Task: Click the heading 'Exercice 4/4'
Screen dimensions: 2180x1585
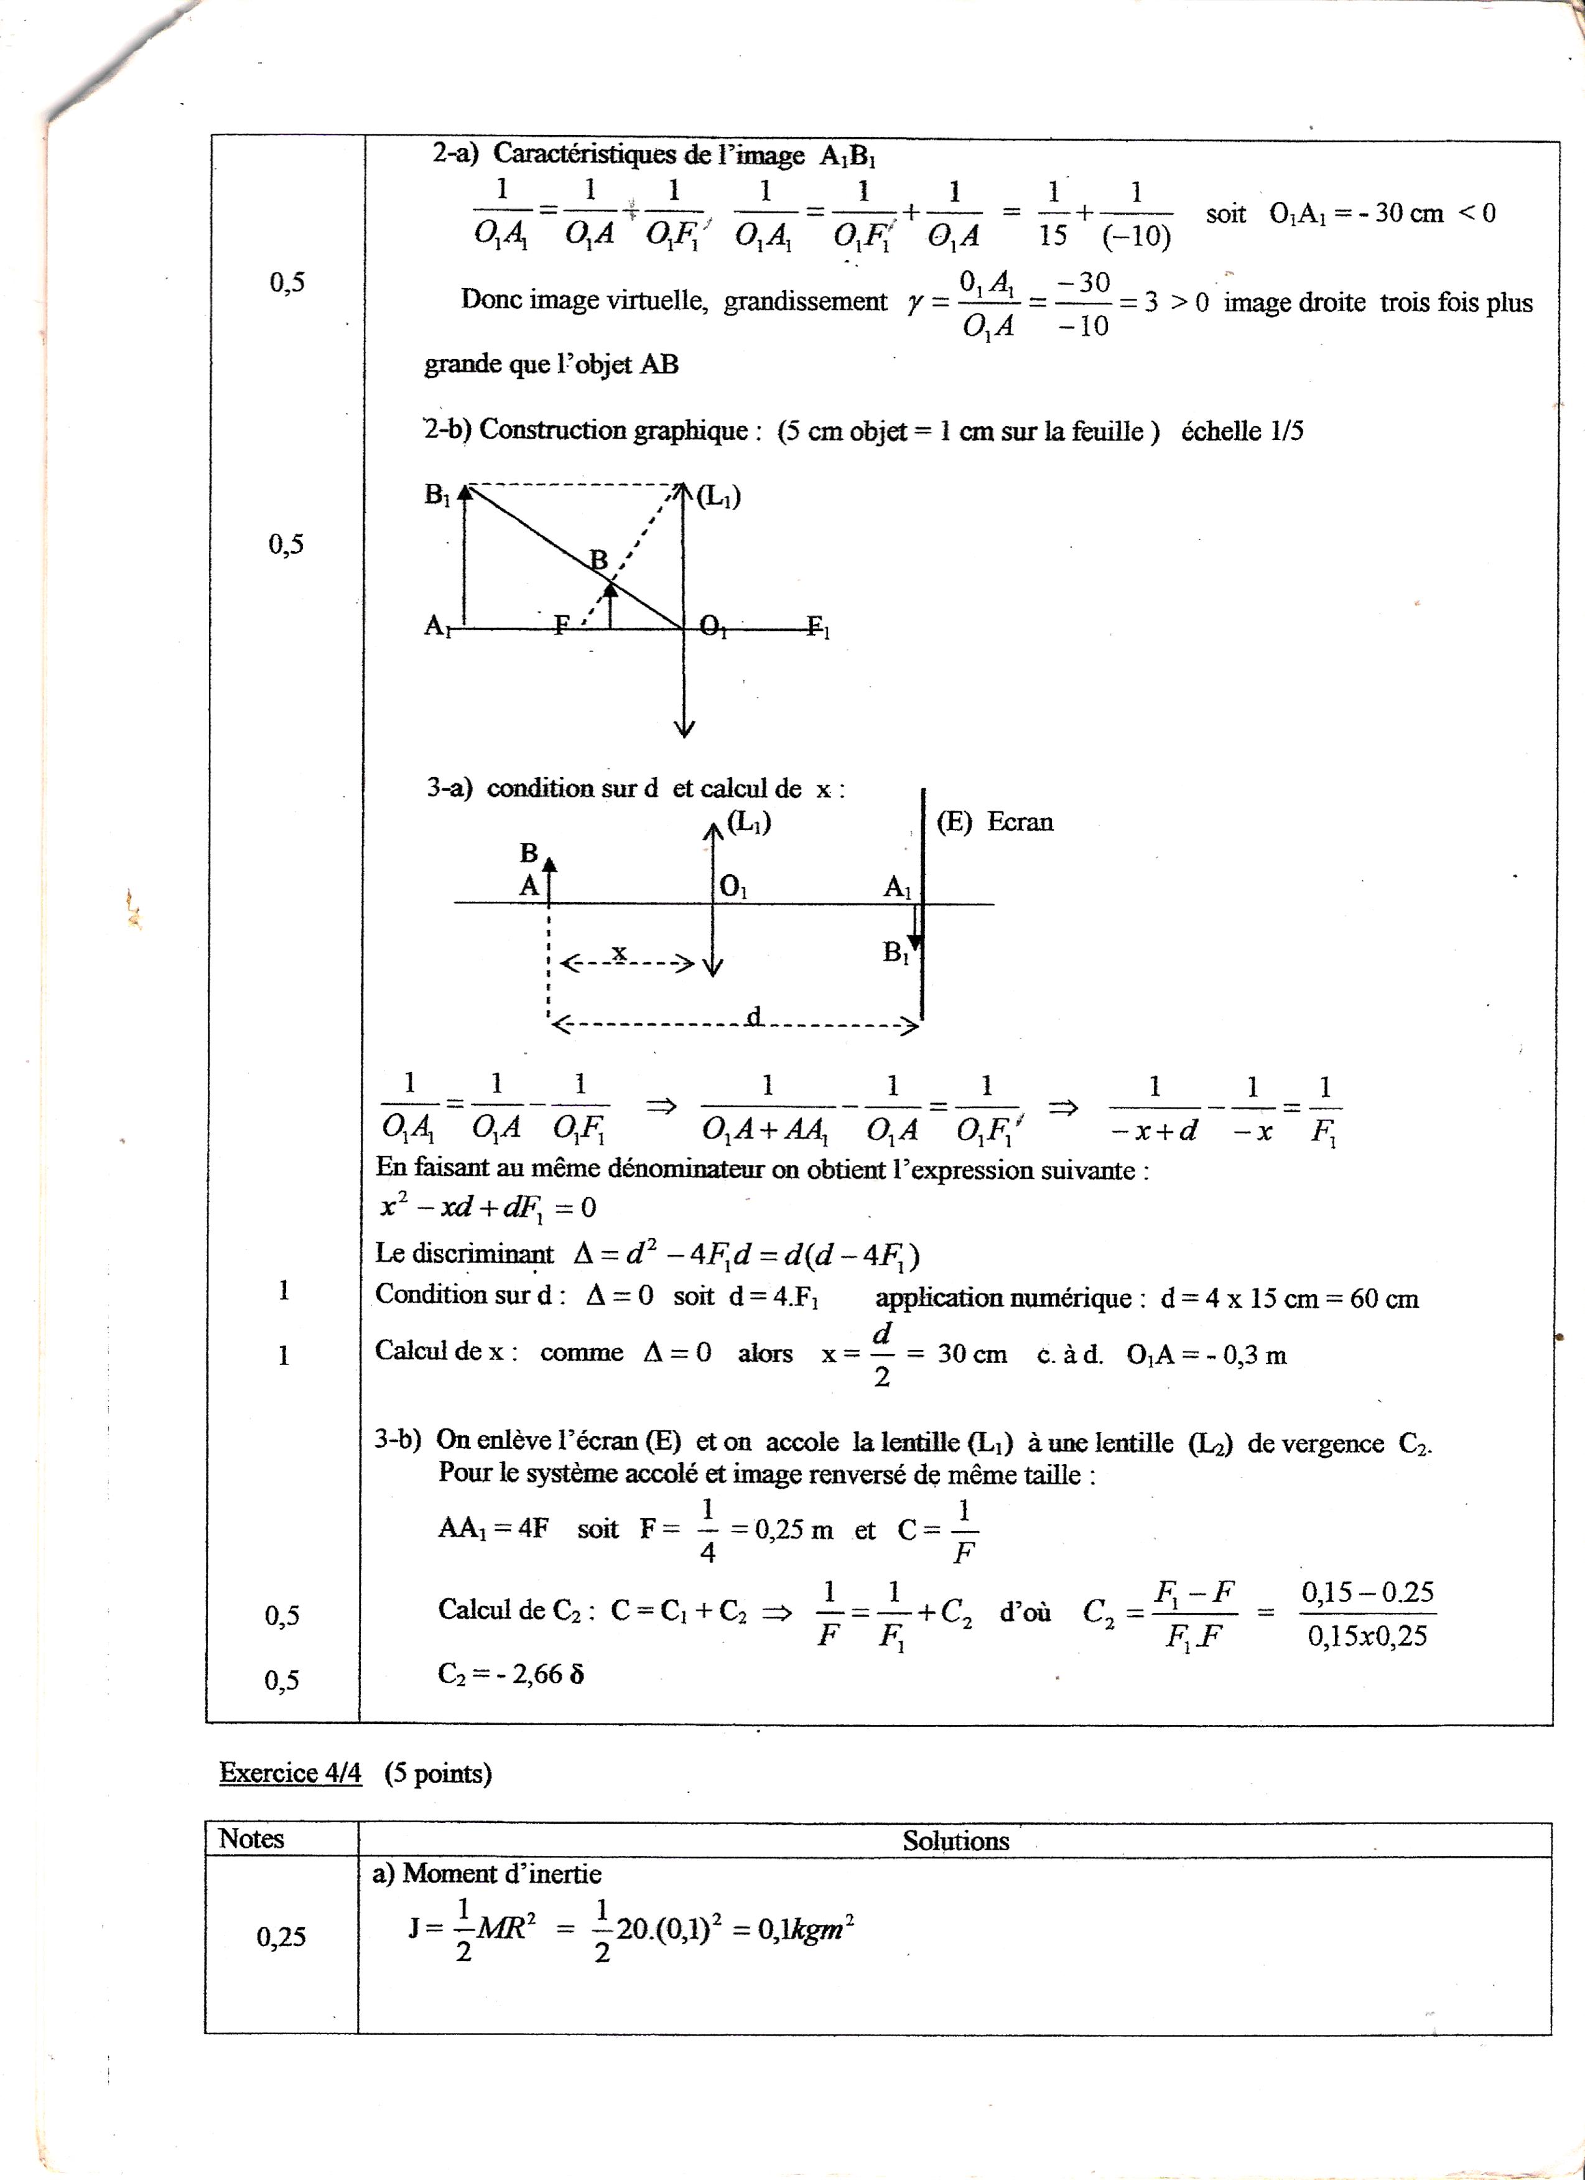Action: (291, 1772)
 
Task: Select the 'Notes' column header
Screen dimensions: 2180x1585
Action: (252, 1839)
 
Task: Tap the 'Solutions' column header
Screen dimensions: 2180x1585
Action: (955, 1841)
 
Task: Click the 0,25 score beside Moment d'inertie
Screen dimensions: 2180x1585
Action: (281, 1937)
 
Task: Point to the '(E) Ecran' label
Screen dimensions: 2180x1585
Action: (995, 822)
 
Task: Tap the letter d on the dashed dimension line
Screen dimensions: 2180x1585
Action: (755, 1016)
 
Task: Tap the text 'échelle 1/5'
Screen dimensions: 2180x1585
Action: (1242, 431)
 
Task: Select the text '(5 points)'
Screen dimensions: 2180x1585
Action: (439, 1773)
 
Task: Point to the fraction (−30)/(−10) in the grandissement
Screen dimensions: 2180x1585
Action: (1082, 304)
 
